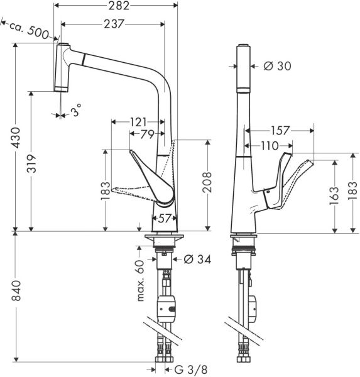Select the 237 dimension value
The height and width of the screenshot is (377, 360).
point(114,24)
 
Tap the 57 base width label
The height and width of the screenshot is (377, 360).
point(165,218)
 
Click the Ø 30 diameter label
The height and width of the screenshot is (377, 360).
point(277,66)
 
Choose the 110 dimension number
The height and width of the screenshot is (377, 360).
point(270,146)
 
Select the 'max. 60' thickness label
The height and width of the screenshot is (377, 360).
point(141,278)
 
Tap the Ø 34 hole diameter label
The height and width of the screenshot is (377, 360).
point(197,259)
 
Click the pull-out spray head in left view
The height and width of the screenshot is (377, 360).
point(62,67)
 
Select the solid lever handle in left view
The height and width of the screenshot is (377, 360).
point(153,178)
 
